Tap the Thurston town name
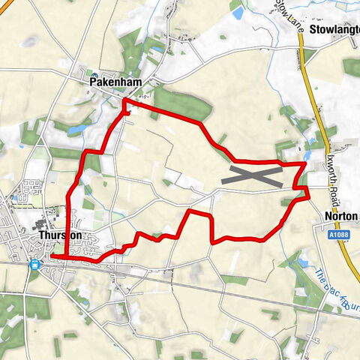[x=59, y=235]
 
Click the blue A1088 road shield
[x=337, y=235]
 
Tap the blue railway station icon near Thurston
[x=35, y=264]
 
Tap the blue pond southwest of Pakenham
[x=74, y=130]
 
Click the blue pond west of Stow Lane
[x=237, y=13]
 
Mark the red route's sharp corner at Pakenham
[x=124, y=100]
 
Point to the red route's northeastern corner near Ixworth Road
[x=305, y=163]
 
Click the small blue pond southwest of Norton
[x=304, y=263]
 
